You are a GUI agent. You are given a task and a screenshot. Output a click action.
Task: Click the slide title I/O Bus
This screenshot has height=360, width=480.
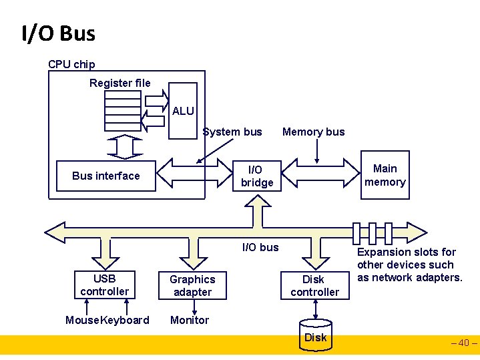click(x=59, y=33)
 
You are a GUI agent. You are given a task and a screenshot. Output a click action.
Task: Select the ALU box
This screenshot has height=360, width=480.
click(x=183, y=110)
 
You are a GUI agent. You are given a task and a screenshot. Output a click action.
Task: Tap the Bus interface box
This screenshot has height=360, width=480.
click(x=106, y=176)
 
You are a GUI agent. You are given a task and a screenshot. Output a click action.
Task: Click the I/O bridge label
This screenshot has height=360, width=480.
click(x=257, y=176)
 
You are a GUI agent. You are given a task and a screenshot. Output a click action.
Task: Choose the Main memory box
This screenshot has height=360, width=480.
click(x=385, y=176)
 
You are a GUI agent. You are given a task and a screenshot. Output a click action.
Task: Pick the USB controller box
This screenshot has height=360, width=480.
click(x=104, y=285)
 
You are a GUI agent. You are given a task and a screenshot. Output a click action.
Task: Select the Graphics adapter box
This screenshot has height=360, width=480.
click(x=192, y=285)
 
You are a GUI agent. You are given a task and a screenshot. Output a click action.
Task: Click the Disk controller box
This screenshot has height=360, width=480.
click(x=314, y=286)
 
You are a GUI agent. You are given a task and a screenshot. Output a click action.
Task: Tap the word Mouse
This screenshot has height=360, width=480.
click(x=82, y=321)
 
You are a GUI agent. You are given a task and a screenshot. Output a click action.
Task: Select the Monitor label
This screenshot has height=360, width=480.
click(x=190, y=321)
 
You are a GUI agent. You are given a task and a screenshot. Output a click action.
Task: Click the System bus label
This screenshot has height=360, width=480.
click(x=232, y=132)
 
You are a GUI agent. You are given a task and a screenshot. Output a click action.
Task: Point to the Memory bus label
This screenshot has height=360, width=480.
click(x=314, y=132)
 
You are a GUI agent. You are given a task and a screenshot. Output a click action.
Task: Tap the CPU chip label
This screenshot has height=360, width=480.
click(x=71, y=65)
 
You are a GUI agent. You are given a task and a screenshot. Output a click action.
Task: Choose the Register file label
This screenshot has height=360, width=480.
click(x=120, y=83)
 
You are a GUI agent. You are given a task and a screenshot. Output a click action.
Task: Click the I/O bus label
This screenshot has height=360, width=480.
click(x=260, y=248)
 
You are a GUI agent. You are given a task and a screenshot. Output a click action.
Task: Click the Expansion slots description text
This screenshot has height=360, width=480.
click(x=409, y=265)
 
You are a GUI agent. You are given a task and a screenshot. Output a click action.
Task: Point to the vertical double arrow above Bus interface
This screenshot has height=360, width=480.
click(x=124, y=145)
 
